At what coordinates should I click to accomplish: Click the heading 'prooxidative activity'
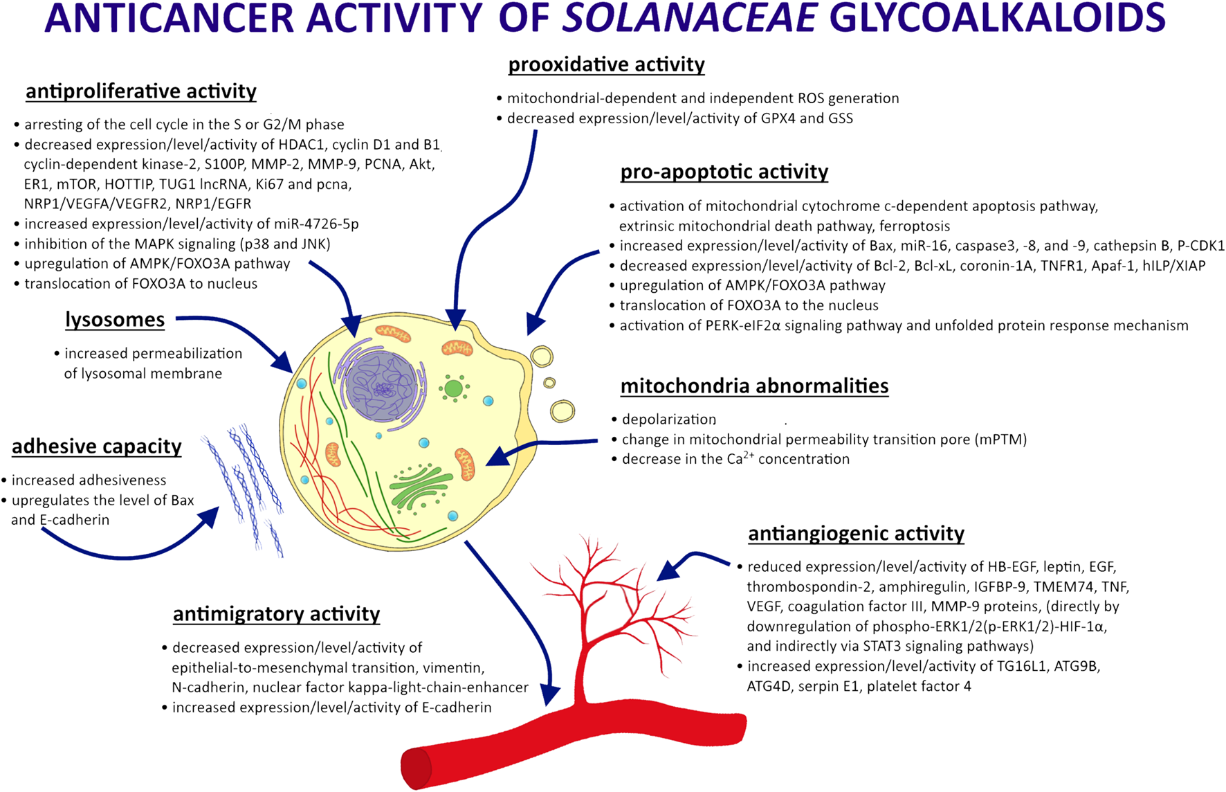point(606,64)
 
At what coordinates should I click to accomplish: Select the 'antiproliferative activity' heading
point(140,91)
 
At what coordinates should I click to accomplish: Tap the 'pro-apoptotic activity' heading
point(724,171)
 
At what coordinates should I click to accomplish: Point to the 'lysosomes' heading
point(115,319)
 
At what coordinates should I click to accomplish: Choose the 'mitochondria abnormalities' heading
point(754,386)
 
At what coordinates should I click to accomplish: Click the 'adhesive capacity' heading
point(97,447)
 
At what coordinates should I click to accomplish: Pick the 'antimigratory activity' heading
point(276,614)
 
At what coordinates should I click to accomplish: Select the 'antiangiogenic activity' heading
point(856,533)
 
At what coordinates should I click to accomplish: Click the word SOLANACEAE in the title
point(690,19)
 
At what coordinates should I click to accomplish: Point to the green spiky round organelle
point(453,388)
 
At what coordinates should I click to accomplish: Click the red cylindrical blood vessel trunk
point(574,744)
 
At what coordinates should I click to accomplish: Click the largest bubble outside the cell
point(562,411)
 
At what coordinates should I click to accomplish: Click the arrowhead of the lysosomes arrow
point(284,363)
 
